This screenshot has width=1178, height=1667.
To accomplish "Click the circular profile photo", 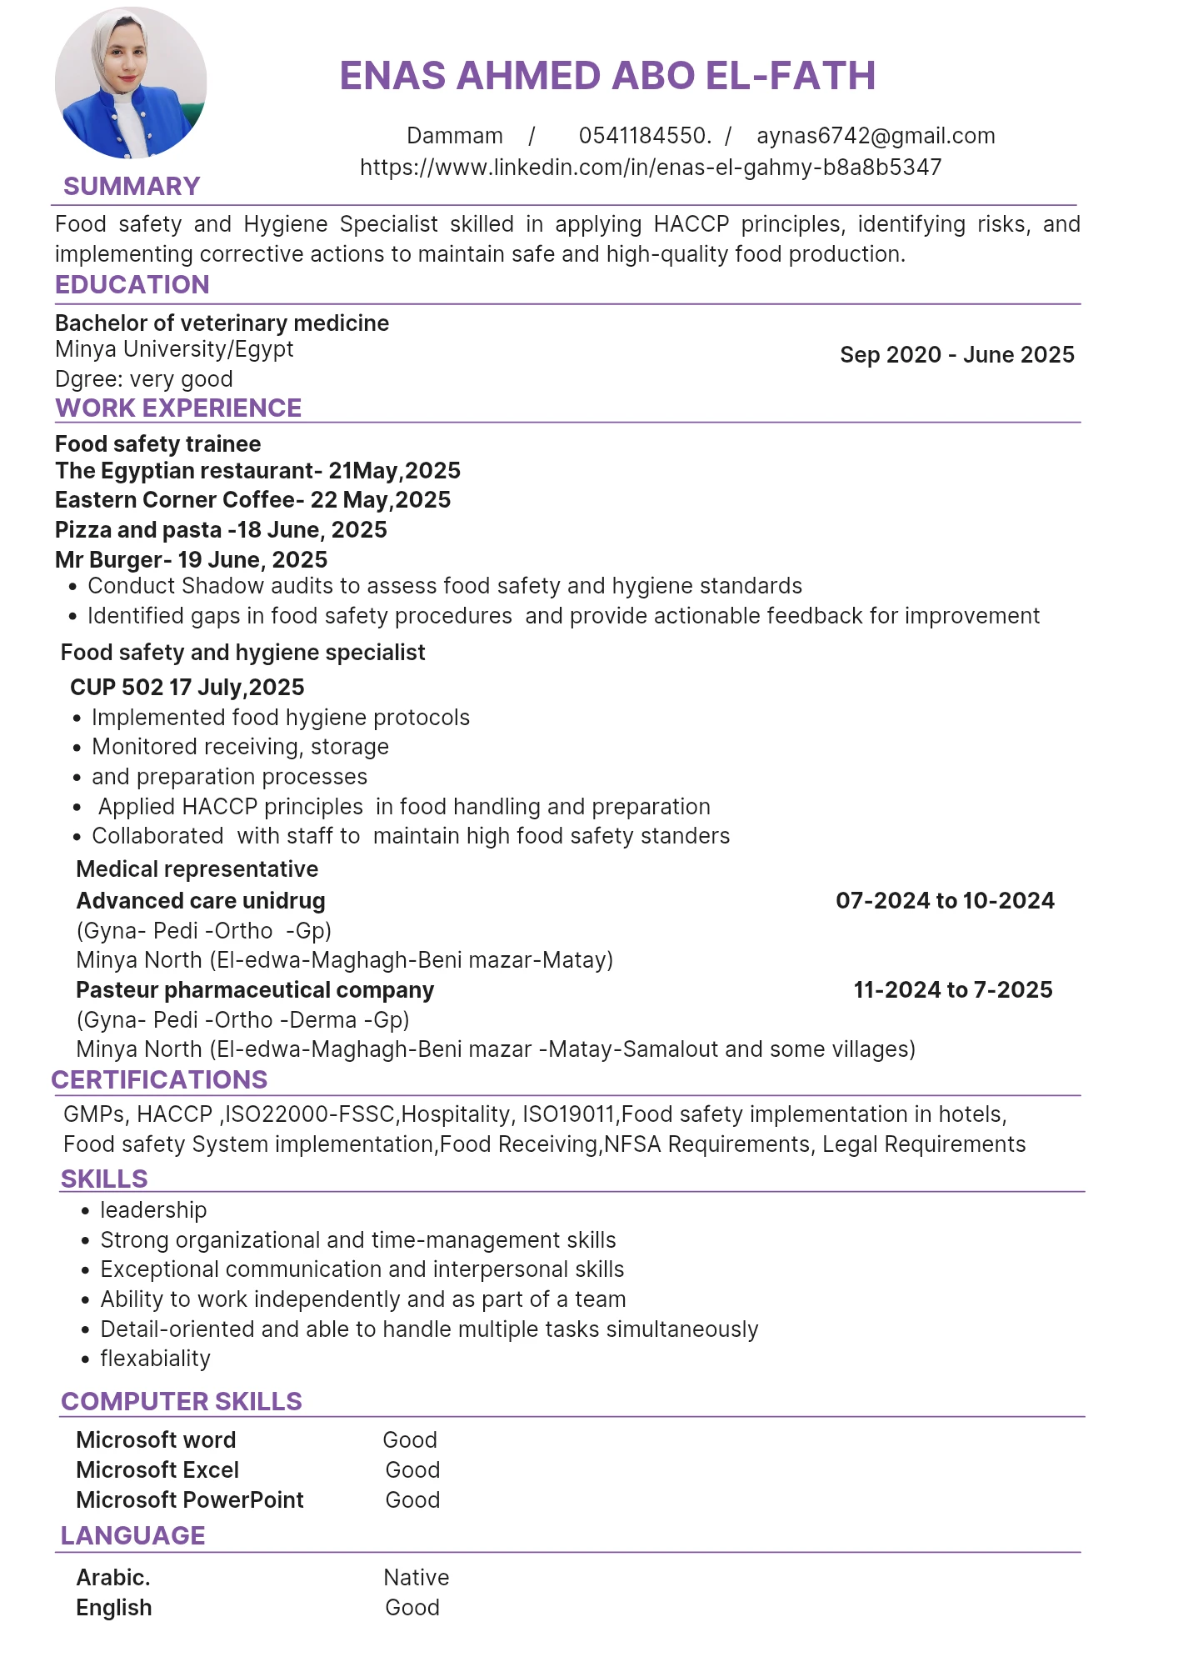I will pos(131,83).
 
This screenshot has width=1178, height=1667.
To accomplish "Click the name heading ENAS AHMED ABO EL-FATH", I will pos(607,76).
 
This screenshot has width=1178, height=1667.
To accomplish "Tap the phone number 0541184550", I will pos(645,136).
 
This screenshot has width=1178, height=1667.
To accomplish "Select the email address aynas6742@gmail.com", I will pos(876,136).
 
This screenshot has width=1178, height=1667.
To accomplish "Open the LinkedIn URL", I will pos(651,168).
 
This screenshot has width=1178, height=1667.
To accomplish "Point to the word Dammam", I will pos(455,136).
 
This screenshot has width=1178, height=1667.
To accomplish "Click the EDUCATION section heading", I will pos(132,285).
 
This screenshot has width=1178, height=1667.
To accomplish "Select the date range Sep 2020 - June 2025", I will pos(957,355).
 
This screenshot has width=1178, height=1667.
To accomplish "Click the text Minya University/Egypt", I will pos(174,349).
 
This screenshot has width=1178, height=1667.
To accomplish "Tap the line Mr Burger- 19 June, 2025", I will pos(192,560).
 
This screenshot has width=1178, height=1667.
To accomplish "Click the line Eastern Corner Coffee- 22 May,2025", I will pos(253,500).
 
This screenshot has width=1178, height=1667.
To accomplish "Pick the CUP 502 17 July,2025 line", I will pos(187,688).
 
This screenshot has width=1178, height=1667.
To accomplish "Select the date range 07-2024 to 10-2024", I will pos(945,901).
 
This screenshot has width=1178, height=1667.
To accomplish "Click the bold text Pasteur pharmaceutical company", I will pos(255,990).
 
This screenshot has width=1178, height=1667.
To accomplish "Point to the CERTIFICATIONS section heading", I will pos(159,1080).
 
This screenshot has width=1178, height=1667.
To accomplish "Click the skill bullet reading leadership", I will pos(153,1210).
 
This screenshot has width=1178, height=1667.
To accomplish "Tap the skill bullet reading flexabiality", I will pos(155,1359).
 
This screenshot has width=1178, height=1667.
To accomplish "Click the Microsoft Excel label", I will pos(157,1470).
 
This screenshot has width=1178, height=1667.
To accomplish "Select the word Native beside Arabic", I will pos(417,1578).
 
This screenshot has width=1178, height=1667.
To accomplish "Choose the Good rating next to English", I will pos(412,1608).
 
